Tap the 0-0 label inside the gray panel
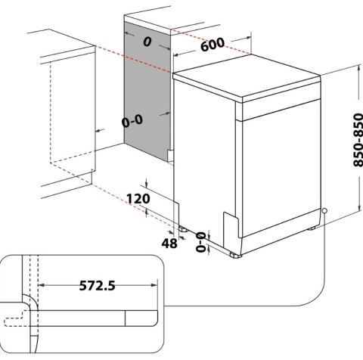[131, 120]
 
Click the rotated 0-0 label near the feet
[200, 242]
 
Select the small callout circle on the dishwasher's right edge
[324, 211]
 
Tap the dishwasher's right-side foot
[312, 228]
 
